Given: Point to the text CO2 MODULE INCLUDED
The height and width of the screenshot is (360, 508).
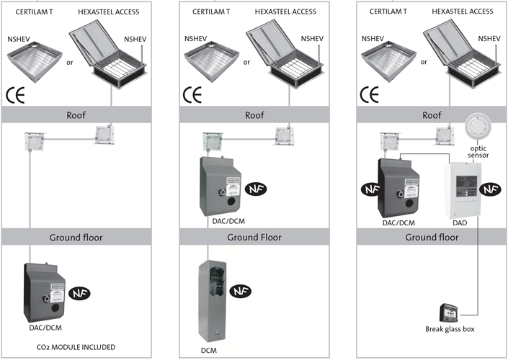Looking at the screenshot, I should click(76, 346).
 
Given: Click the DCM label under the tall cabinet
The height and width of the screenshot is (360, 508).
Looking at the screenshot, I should click(208, 350).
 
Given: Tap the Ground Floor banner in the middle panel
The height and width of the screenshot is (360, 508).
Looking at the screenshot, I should click(254, 237).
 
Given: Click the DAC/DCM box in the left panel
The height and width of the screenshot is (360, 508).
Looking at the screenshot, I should click(45, 293).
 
